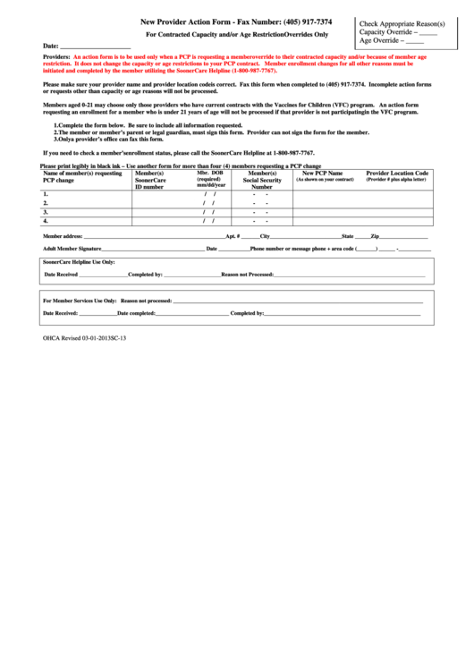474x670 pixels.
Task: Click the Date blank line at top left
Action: tap(95, 46)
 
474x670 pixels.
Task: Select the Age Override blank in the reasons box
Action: tap(415, 41)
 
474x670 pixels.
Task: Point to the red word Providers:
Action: tap(57, 56)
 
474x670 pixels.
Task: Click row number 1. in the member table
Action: tap(46, 194)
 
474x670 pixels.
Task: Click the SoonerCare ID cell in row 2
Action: tap(164, 203)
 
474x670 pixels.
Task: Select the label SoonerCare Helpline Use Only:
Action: tap(79, 262)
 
